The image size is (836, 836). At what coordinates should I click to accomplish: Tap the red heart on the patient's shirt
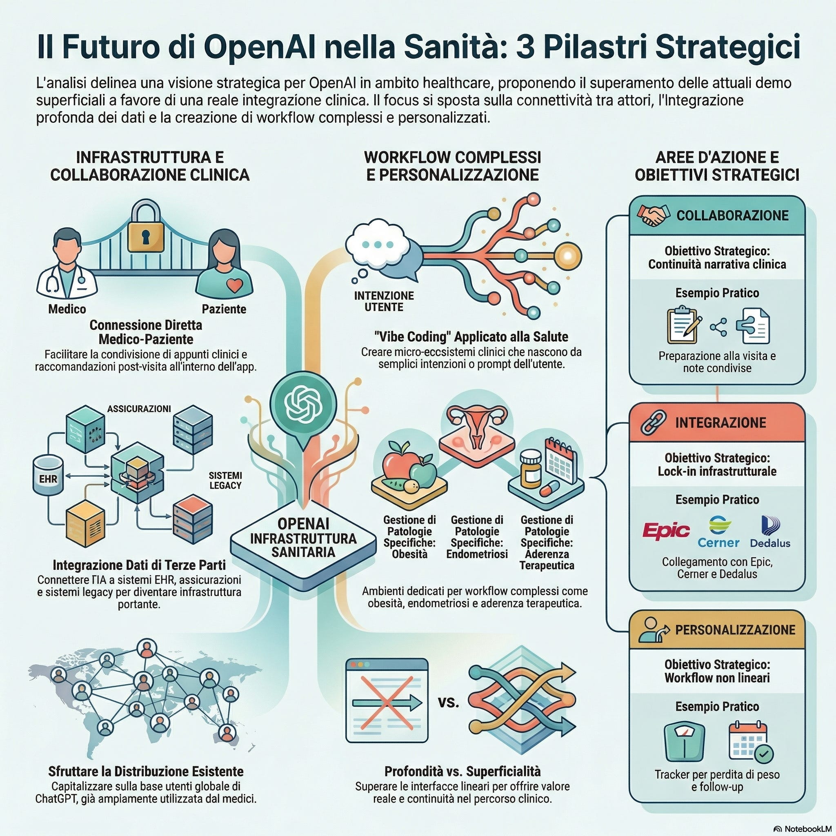(235, 285)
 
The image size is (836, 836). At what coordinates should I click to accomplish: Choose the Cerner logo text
(718, 542)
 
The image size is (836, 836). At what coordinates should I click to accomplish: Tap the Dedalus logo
(770, 532)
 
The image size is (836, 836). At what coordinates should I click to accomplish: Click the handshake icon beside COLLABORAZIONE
(654, 216)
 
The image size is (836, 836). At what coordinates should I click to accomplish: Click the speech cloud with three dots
(378, 245)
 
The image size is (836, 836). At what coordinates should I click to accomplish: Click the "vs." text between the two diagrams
(448, 702)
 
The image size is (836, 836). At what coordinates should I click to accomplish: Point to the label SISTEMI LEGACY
(225, 480)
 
